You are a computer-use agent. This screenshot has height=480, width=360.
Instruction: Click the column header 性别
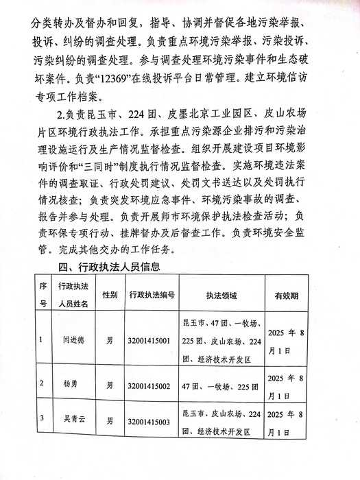tap(110, 295)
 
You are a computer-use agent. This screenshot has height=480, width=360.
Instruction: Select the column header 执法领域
tap(221, 296)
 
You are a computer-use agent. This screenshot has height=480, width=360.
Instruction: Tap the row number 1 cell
tap(41, 339)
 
